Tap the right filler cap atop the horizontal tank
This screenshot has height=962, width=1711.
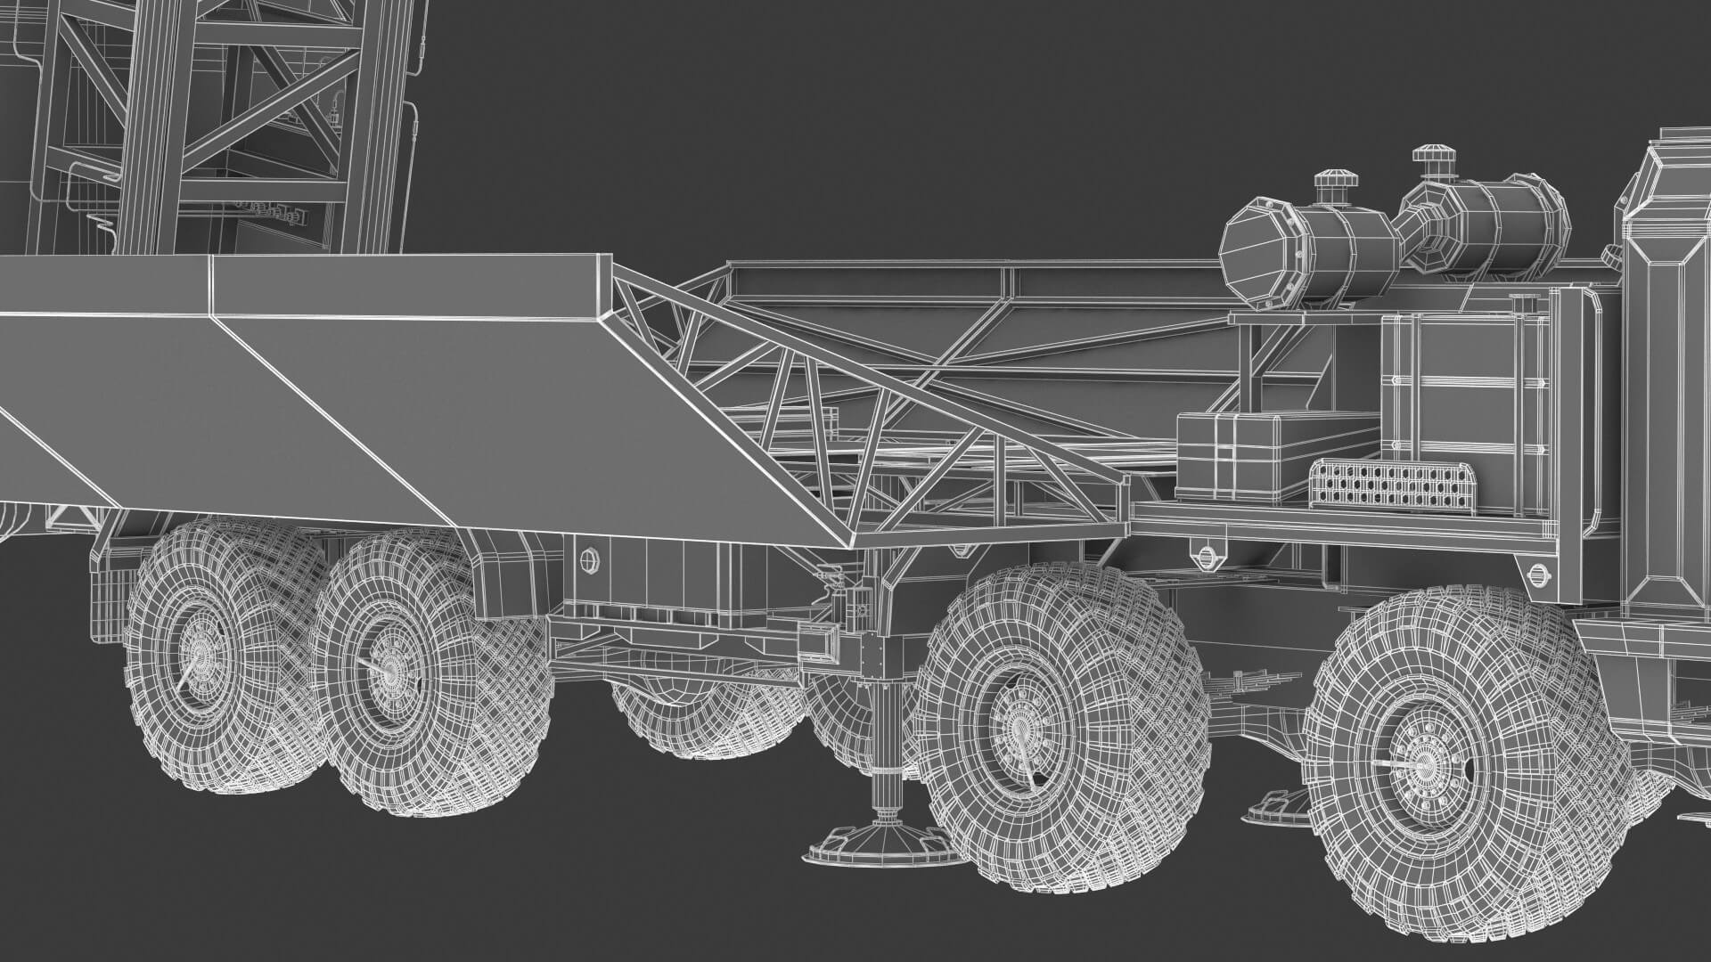pos(1432,160)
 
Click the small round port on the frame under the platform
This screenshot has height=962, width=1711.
pos(588,560)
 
